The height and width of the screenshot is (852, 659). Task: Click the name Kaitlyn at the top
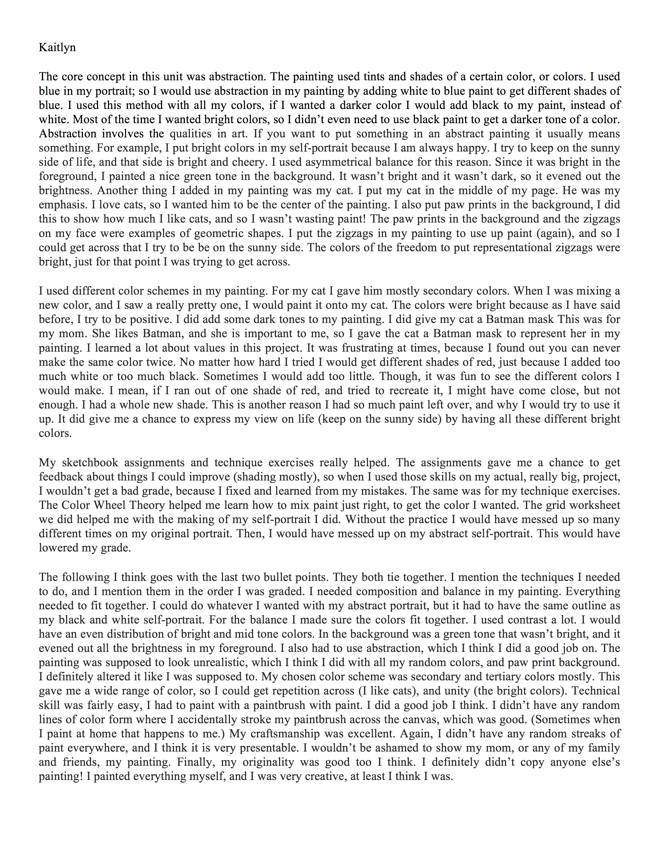(57, 48)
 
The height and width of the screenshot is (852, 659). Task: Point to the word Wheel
(109, 505)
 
